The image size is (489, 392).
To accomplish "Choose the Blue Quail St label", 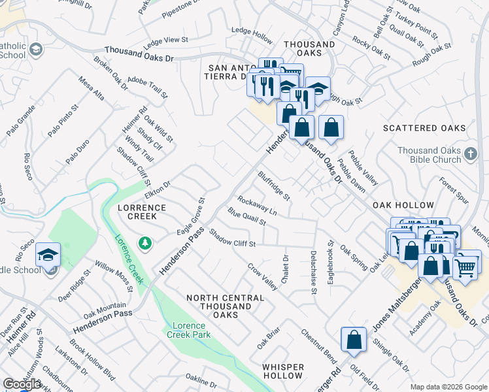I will pyautogui.click(x=246, y=216).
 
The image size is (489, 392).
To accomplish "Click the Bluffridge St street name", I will pyautogui.click(x=274, y=186).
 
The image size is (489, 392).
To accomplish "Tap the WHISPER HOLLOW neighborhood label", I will pyautogui.click(x=283, y=371).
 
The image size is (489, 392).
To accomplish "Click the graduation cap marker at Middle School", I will pyautogui.click(x=48, y=254).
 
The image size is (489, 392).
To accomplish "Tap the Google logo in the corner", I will pyautogui.click(x=22, y=384).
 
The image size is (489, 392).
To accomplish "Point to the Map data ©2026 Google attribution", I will pyautogui.click(x=448, y=387).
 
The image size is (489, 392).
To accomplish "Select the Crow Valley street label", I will pyautogui.click(x=262, y=277).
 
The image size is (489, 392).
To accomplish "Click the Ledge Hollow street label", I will pyautogui.click(x=252, y=31).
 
